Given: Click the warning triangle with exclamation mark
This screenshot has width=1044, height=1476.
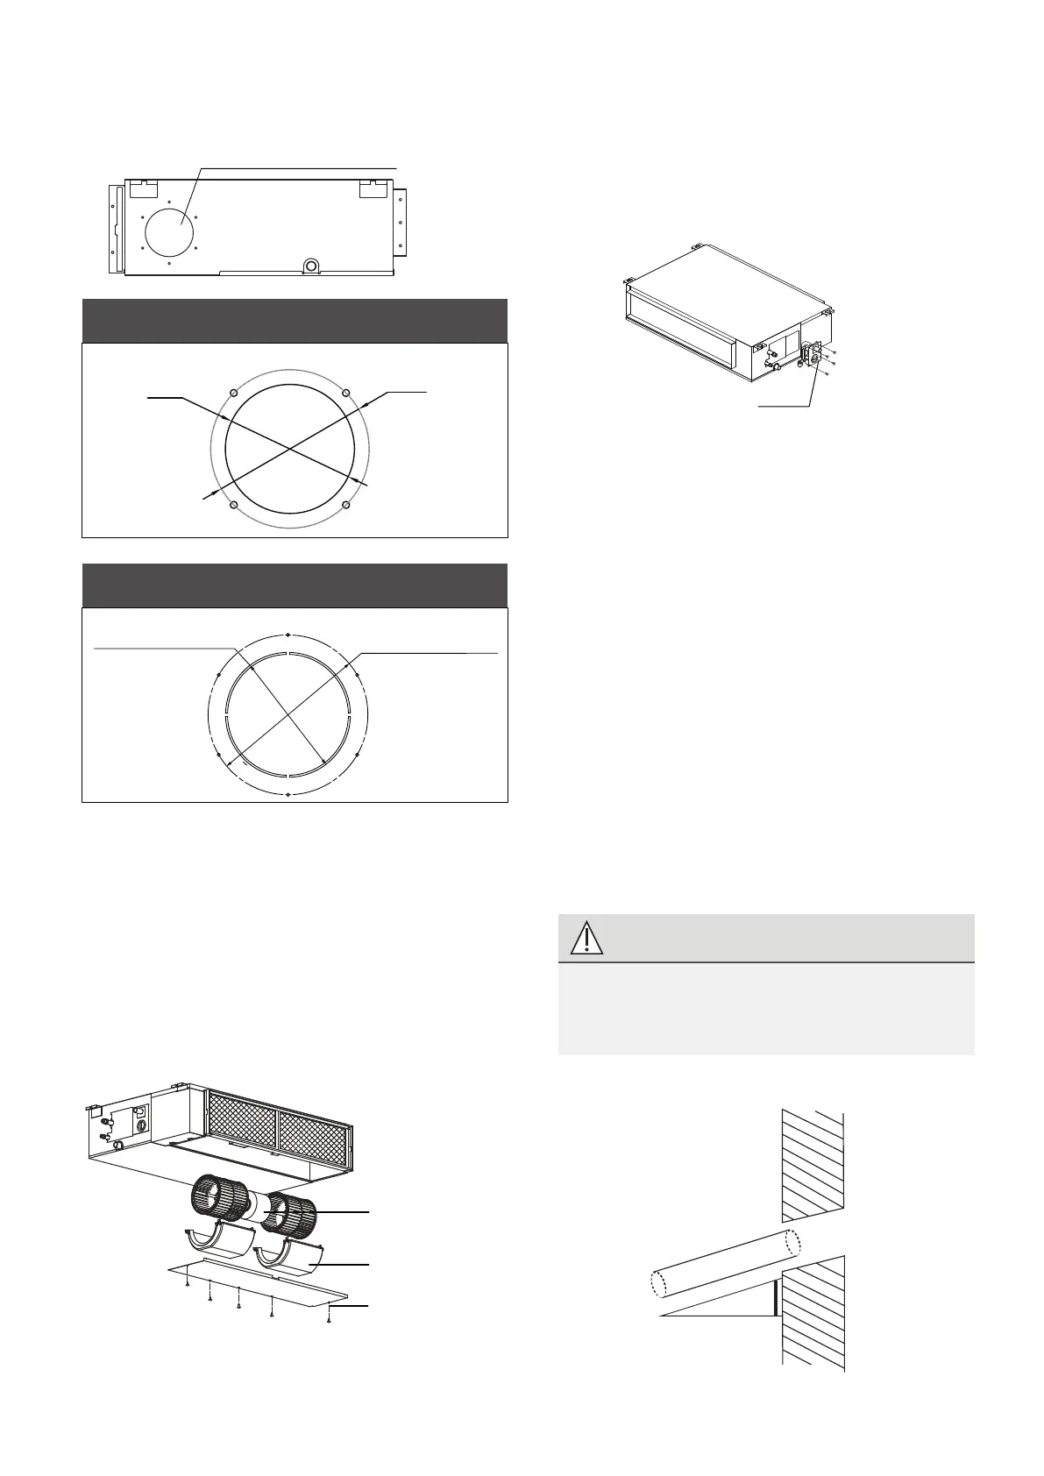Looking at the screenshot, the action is pyautogui.click(x=586, y=938).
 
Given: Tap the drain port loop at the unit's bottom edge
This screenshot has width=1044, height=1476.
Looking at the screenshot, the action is pyautogui.click(x=309, y=266).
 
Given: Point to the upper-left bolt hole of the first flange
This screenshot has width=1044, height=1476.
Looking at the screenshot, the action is pyautogui.click(x=231, y=392).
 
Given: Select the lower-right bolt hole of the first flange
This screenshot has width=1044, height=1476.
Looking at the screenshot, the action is pyautogui.click(x=346, y=505).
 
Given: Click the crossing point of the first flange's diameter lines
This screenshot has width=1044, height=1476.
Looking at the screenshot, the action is pyautogui.click(x=288, y=449).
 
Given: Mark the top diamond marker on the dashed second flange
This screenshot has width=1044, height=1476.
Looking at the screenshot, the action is pyautogui.click(x=288, y=634).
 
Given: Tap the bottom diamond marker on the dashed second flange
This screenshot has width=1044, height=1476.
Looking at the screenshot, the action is pyautogui.click(x=288, y=795).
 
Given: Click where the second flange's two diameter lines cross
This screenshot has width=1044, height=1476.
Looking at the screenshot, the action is pyautogui.click(x=288, y=714).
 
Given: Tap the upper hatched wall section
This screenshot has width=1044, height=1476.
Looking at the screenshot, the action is pyautogui.click(x=813, y=1165).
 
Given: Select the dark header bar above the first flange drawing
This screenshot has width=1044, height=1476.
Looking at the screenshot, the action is pyautogui.click(x=295, y=320).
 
